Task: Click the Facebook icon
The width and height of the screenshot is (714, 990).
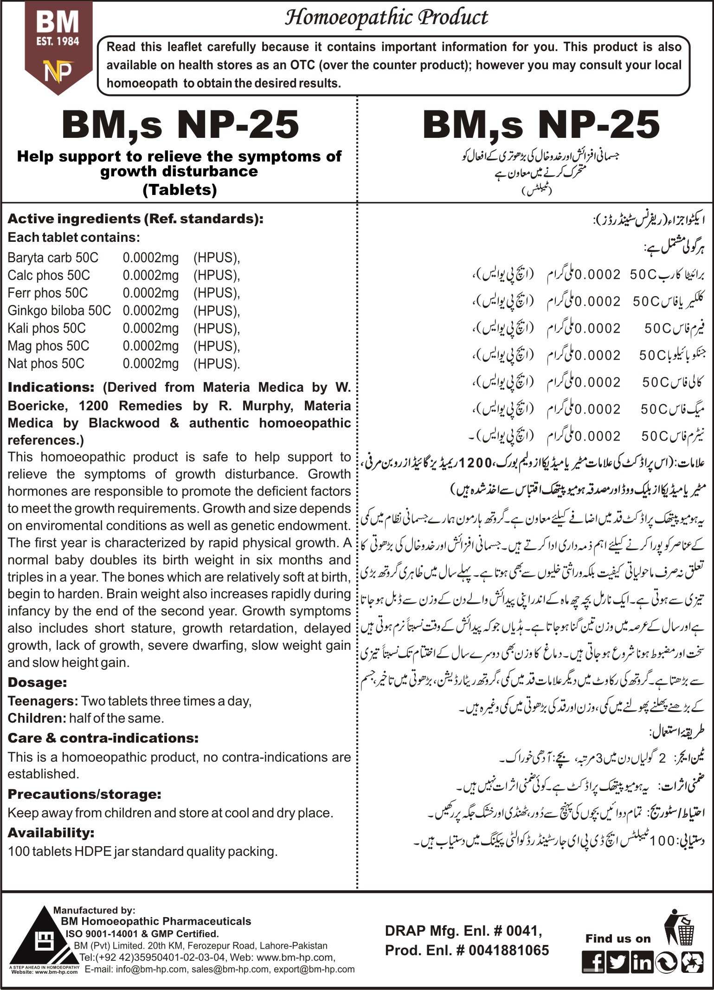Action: click(x=593, y=963)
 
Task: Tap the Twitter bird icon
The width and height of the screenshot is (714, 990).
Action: click(x=618, y=963)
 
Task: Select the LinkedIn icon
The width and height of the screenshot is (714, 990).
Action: click(x=642, y=963)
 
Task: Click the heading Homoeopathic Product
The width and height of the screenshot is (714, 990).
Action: click(x=386, y=18)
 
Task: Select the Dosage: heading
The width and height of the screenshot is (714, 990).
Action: click(x=38, y=682)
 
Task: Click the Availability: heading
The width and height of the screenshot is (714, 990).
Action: click(x=51, y=833)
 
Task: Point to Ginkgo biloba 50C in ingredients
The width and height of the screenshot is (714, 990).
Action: click(x=59, y=311)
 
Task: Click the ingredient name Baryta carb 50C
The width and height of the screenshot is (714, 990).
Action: click(x=53, y=258)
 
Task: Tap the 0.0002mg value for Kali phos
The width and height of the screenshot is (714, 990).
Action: click(x=151, y=328)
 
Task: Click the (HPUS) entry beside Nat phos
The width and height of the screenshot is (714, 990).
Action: click(x=217, y=363)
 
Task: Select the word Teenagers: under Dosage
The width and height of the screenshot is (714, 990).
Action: click(x=43, y=701)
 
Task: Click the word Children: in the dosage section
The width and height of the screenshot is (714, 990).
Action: click(x=37, y=718)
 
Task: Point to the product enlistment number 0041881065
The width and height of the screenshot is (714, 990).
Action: click(x=508, y=950)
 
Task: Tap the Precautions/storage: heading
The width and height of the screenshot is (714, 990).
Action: click(x=84, y=794)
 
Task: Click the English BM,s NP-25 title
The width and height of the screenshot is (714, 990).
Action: click(x=180, y=125)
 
